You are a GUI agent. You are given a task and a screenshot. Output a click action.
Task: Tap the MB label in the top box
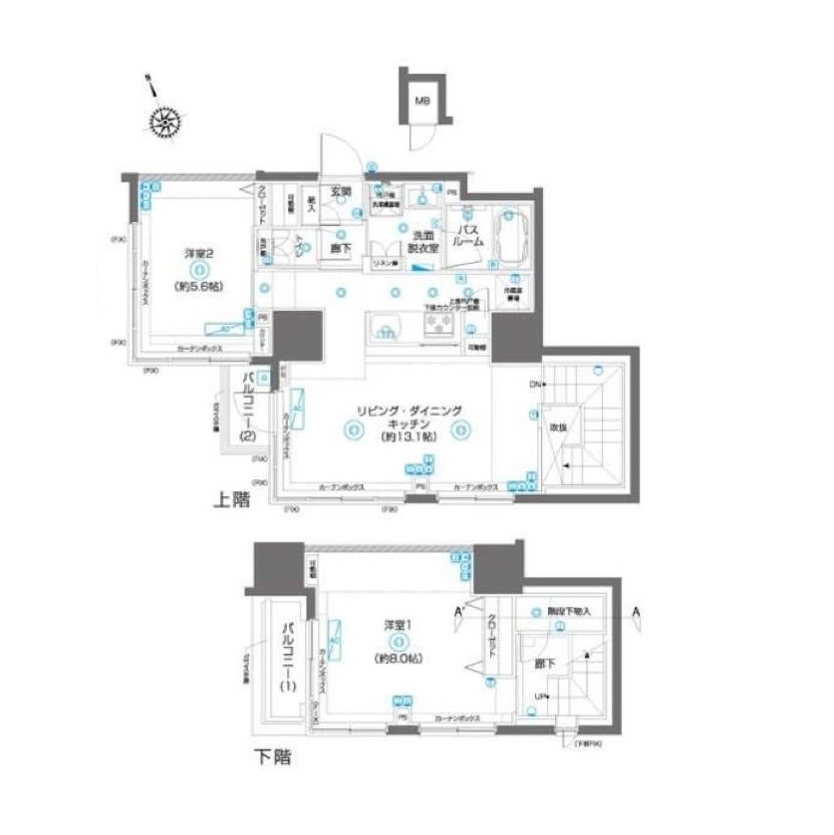click(423, 101)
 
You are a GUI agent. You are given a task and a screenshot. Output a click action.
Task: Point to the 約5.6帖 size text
click(199, 286)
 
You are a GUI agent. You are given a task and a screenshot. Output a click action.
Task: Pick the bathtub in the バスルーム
click(510, 235)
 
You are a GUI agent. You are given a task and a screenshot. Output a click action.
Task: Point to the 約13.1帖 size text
click(404, 437)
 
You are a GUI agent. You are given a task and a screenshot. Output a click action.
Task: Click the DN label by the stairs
click(534, 385)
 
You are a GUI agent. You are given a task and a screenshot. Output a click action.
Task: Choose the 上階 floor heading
click(230, 502)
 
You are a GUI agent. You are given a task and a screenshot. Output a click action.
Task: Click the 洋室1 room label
click(399, 625)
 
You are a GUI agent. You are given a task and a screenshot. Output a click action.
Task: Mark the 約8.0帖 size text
click(399, 659)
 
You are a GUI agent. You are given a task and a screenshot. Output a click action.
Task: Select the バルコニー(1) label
click(288, 658)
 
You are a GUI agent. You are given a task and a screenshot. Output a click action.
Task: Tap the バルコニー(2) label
click(248, 406)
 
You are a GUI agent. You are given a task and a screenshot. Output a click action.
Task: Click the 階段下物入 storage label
click(568, 610)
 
